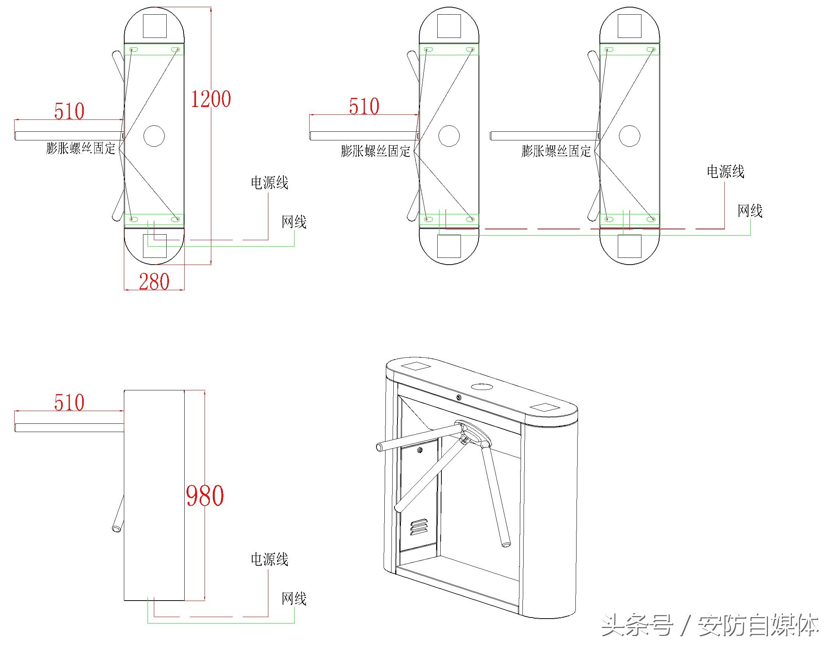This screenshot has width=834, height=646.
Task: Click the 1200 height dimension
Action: [x=211, y=99]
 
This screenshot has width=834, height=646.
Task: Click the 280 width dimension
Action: [x=154, y=282]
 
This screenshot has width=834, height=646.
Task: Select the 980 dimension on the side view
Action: [x=205, y=495]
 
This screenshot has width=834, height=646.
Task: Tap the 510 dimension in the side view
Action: [x=69, y=402]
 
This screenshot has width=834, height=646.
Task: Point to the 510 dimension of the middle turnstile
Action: [x=364, y=106]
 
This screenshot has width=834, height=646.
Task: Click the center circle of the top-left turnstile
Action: [x=154, y=136]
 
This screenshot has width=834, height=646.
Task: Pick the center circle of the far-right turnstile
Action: [x=629, y=136]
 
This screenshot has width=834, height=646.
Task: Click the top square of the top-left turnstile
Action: [x=155, y=26]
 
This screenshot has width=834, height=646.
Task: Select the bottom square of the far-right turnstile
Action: [x=629, y=246]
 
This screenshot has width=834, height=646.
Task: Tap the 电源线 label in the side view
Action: [x=269, y=559]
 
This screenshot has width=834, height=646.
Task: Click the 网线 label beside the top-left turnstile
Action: [x=294, y=222]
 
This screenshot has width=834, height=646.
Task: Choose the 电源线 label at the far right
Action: [x=726, y=172]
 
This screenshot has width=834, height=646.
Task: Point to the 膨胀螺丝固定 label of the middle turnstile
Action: [x=375, y=151]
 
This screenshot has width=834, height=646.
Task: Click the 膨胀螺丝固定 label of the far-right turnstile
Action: [x=556, y=151]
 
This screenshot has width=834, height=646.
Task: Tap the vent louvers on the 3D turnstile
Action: [x=419, y=527]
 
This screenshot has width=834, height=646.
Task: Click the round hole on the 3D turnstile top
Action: [x=482, y=387]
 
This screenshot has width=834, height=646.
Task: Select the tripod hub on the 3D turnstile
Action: [x=474, y=433]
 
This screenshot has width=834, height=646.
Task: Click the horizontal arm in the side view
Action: [x=69, y=428]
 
